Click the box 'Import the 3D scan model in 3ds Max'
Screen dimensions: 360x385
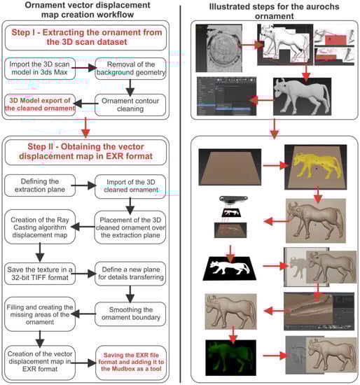tap(40, 69)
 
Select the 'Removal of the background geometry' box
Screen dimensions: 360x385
tap(130, 69)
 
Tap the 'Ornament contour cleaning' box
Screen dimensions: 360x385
tap(130, 105)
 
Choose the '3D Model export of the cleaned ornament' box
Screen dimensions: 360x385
tap(40, 104)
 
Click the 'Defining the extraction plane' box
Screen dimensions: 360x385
tap(40, 185)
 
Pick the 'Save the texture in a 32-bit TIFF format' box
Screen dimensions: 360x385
tap(40, 274)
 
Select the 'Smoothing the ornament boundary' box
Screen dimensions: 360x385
tap(130, 314)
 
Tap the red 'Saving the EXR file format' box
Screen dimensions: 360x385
tap(131, 362)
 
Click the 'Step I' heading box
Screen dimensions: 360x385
tap(85, 37)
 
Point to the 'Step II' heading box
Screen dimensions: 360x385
tap(85, 152)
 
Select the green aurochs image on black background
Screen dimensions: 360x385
tap(230, 358)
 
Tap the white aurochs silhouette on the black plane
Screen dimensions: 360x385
tap(230, 268)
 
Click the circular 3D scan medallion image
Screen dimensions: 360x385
tap(219, 48)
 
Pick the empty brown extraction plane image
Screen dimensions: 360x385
tap(230, 167)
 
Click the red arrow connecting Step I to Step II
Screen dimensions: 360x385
tap(85, 127)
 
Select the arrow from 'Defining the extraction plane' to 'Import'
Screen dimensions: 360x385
tap(83, 185)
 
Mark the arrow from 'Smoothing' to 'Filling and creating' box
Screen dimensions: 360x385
tap(83, 314)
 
